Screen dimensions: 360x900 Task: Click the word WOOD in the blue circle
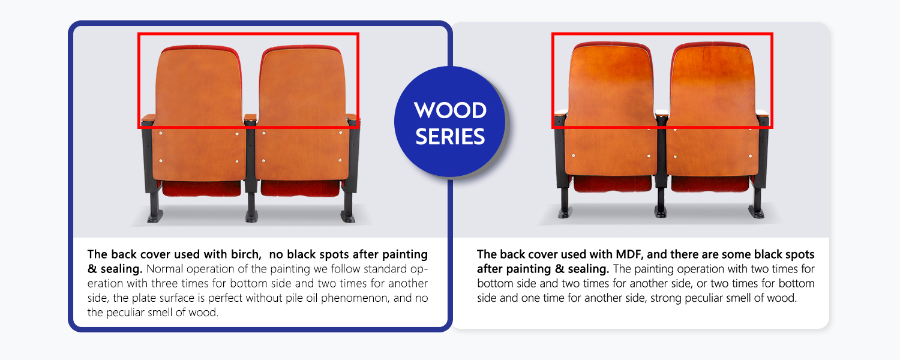pyautogui.click(x=450, y=110)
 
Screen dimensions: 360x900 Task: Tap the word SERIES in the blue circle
pyautogui.click(x=450, y=137)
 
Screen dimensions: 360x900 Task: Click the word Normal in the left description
pyautogui.click(x=164, y=268)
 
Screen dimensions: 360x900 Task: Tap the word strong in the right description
pyautogui.click(x=652, y=298)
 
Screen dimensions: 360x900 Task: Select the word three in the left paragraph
pyautogui.click(x=195, y=283)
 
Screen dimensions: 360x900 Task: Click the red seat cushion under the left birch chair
pyautogui.click(x=202, y=188)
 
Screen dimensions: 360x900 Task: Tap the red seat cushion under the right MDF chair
pyautogui.click(x=710, y=183)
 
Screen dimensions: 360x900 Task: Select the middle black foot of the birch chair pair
pyautogui.click(x=251, y=215)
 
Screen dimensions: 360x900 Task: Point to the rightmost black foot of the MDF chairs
pyautogui.click(x=757, y=211)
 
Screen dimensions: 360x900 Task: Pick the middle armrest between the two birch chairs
pyautogui.click(x=250, y=116)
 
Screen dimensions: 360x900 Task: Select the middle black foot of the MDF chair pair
pyautogui.click(x=661, y=211)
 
